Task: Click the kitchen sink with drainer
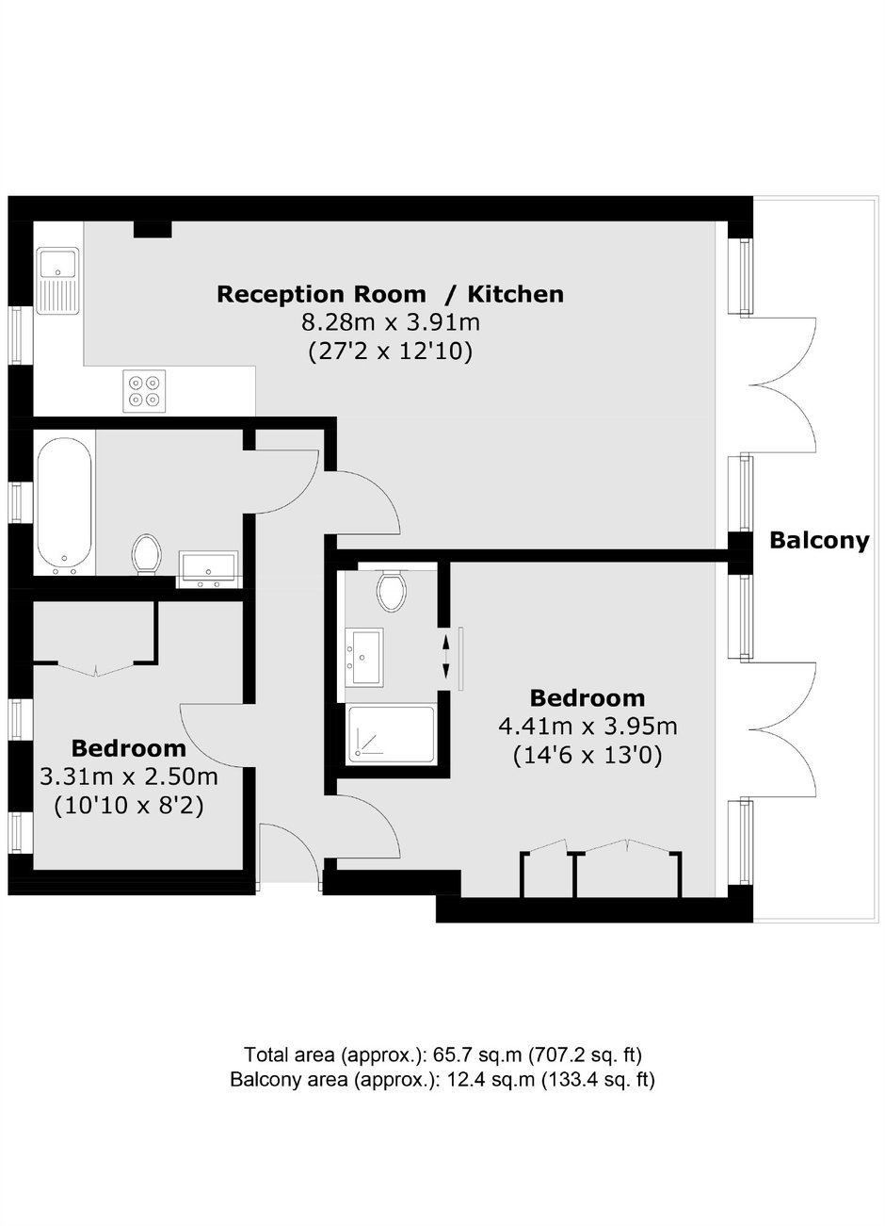(58, 280)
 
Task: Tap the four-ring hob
(144, 391)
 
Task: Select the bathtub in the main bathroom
(64, 506)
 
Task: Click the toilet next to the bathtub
(146, 554)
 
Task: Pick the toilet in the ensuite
(392, 590)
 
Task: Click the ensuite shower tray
(392, 734)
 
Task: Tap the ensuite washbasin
(364, 657)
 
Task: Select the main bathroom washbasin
(208, 570)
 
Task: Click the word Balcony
(819, 541)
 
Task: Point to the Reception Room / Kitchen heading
(390, 294)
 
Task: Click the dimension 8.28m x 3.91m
(391, 322)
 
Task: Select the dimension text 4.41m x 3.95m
(587, 727)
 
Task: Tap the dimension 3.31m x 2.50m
(129, 776)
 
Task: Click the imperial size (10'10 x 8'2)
(129, 805)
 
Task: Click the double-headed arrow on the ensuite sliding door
(445, 656)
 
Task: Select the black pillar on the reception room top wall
(153, 229)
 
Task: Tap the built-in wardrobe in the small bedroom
(96, 634)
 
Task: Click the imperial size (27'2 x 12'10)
(390, 351)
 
